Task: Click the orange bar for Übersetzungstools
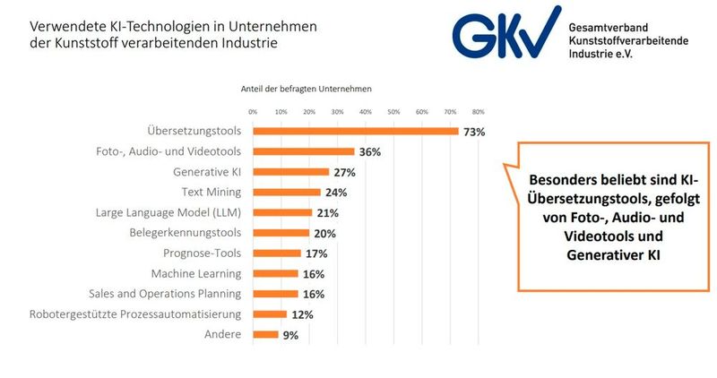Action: tap(356, 132)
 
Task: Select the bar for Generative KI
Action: tap(290, 172)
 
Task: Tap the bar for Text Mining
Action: tap(287, 192)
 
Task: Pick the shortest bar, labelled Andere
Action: tap(265, 334)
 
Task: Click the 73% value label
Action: tap(474, 132)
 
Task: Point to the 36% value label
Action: tap(369, 152)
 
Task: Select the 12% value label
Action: tap(301, 314)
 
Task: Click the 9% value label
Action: tap(290, 335)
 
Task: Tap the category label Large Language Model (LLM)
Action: tap(169, 212)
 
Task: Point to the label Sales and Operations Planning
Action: tap(165, 294)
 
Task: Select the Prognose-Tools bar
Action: tap(277, 253)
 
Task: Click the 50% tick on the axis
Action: tap(393, 112)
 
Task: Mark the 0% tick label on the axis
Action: tap(253, 112)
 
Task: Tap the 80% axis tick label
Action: tap(479, 112)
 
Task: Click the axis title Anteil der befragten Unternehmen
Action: tap(306, 90)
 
